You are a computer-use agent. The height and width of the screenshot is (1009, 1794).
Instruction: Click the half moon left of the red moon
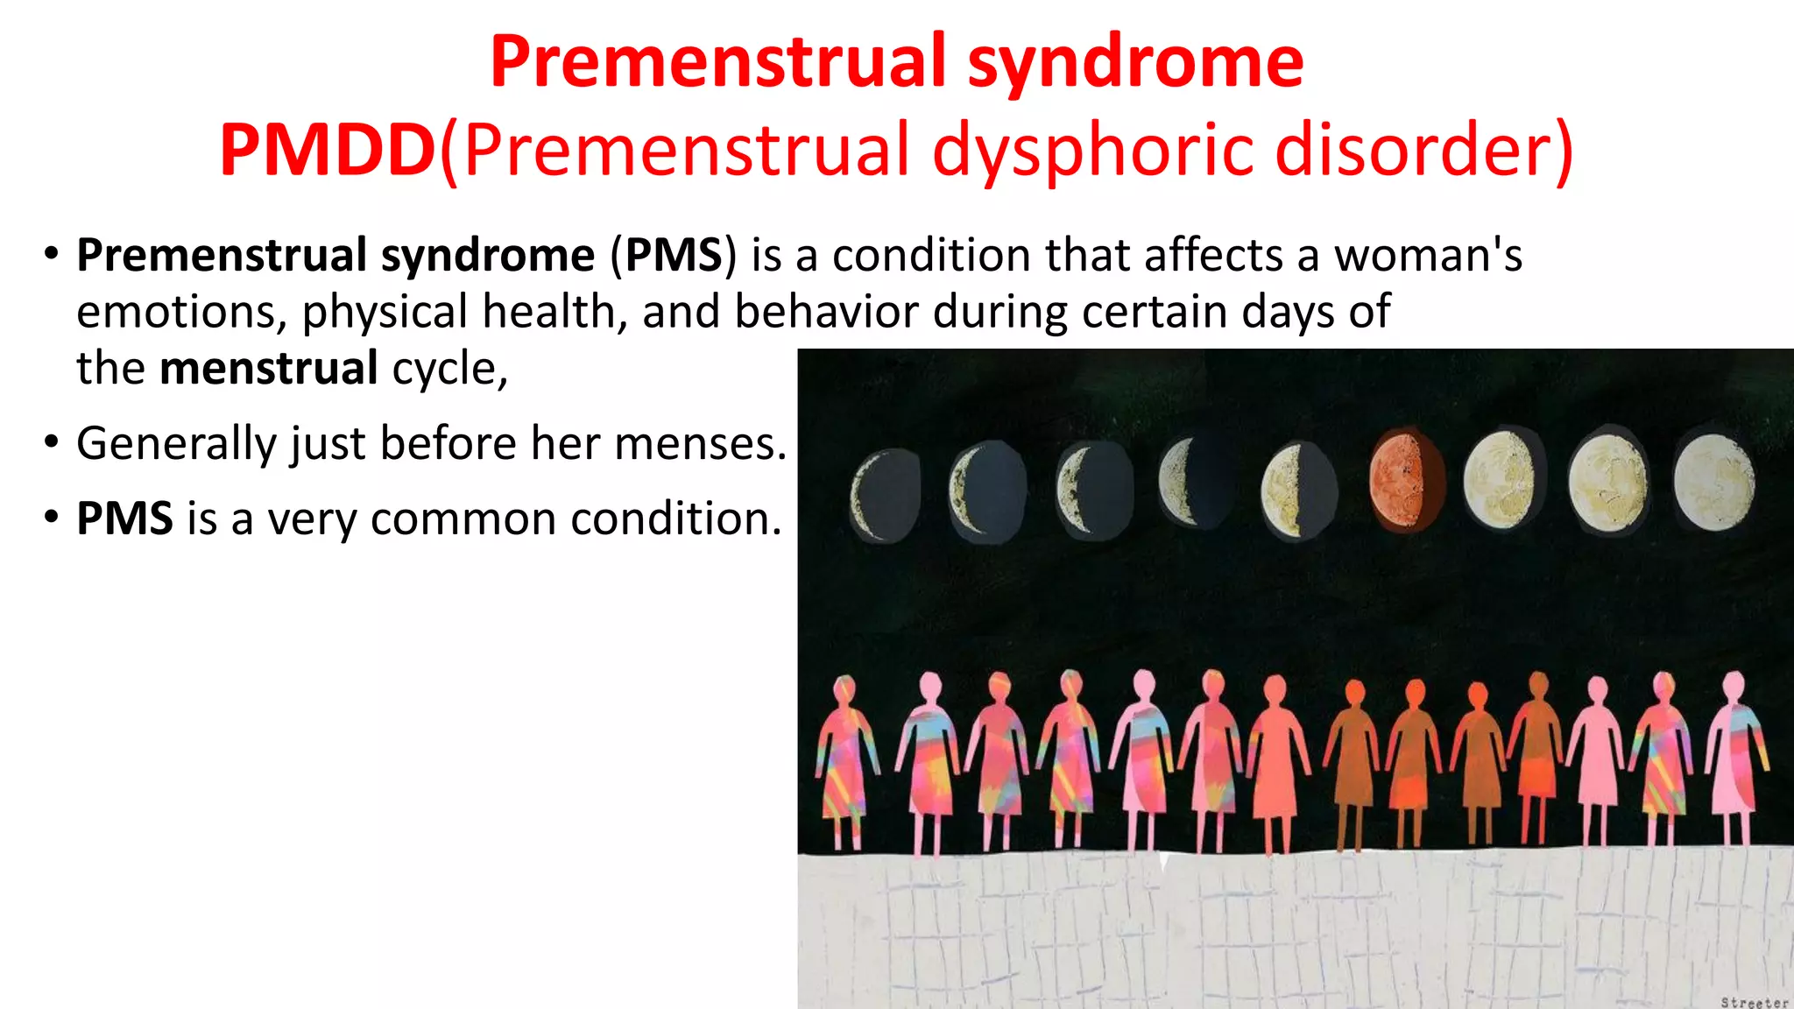(x=1297, y=490)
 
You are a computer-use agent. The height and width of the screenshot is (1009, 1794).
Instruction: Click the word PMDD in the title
(x=328, y=151)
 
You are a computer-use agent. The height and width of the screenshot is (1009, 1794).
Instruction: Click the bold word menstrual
(x=269, y=368)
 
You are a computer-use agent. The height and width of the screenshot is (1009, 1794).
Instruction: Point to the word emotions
(x=180, y=312)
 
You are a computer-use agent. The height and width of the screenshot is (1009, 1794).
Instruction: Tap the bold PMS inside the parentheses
(x=674, y=256)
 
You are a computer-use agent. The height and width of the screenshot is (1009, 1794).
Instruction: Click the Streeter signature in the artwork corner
(x=1753, y=1002)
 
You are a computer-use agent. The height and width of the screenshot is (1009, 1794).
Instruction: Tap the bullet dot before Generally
(x=52, y=441)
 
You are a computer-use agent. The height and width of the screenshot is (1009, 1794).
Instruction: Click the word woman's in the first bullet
(x=1428, y=256)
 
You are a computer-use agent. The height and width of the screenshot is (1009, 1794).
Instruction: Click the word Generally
(x=176, y=443)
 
